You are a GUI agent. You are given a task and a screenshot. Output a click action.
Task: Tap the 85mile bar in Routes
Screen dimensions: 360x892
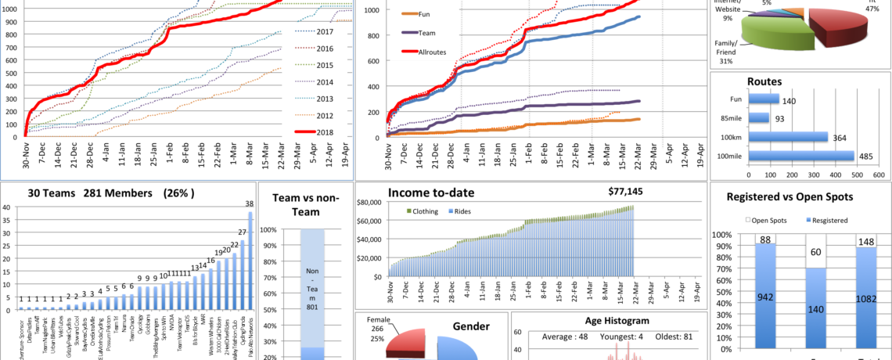click(759, 118)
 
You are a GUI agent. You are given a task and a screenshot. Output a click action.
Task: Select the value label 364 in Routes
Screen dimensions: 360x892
click(840, 138)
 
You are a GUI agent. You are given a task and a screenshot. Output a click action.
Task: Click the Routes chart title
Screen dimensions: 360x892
click(764, 81)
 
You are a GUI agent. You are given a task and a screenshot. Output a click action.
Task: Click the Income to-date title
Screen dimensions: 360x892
click(431, 193)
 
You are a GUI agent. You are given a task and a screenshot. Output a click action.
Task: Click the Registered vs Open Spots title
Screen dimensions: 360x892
click(789, 196)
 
